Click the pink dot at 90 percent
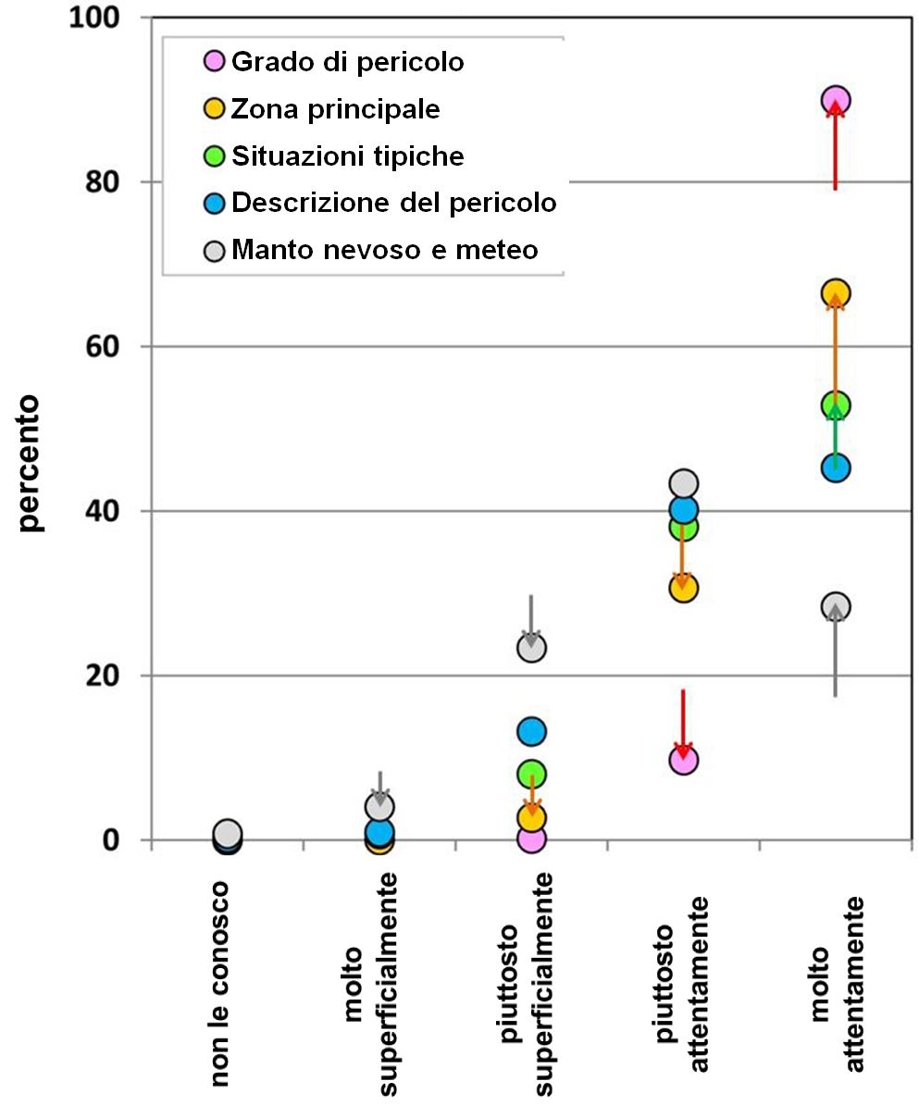pos(835,100)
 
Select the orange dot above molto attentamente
pos(835,293)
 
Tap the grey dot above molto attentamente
pos(835,606)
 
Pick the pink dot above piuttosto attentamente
pos(683,761)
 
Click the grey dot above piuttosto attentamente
pos(683,483)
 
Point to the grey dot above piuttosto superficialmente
pos(531,648)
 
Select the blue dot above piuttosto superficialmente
pos(531,732)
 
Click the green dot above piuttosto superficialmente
pos(531,774)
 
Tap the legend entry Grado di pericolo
pos(347,63)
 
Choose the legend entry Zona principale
pos(335,109)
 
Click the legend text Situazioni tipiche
pos(347,155)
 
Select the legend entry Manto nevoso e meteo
pos(384,249)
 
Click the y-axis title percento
pos(31,463)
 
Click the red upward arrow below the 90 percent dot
pos(835,148)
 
